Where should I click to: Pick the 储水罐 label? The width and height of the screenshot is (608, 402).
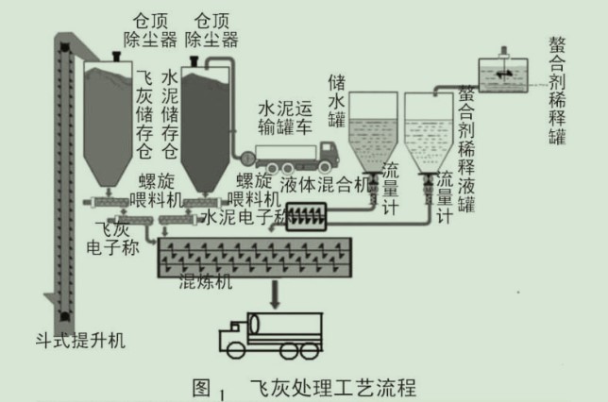tap(337, 99)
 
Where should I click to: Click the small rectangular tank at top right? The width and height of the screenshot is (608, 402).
tap(504, 75)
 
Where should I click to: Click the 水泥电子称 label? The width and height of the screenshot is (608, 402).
tap(244, 219)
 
